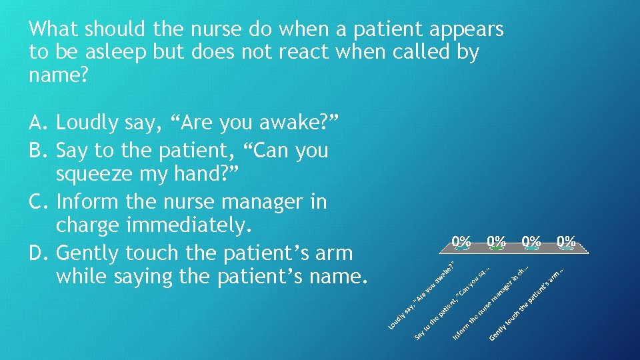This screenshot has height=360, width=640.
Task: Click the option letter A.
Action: [37, 123]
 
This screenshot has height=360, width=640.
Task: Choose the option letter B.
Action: [37, 151]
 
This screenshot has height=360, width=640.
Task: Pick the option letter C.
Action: [37, 201]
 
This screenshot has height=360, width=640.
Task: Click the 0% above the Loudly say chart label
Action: [461, 242]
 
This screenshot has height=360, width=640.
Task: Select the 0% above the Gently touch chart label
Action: [567, 242]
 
